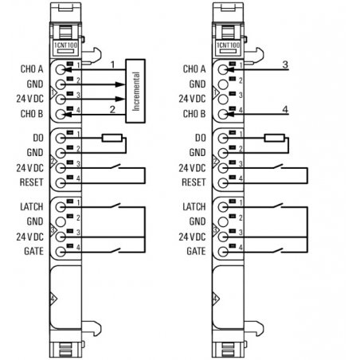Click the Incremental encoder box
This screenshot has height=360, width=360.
pos(135,91)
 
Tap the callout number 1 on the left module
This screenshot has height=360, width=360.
pos(112,65)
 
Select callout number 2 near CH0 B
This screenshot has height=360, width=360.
pos(112,109)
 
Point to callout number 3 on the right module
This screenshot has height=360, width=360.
pos(285,65)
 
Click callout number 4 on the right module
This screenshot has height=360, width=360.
pos(285,109)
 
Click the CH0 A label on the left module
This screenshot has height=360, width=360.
pos(32,69)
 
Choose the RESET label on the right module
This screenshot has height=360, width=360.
pos(194,182)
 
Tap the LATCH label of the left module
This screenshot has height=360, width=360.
pos(32,206)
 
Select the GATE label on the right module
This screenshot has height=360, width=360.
pos(196,251)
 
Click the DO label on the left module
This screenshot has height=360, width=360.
pos(38,138)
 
